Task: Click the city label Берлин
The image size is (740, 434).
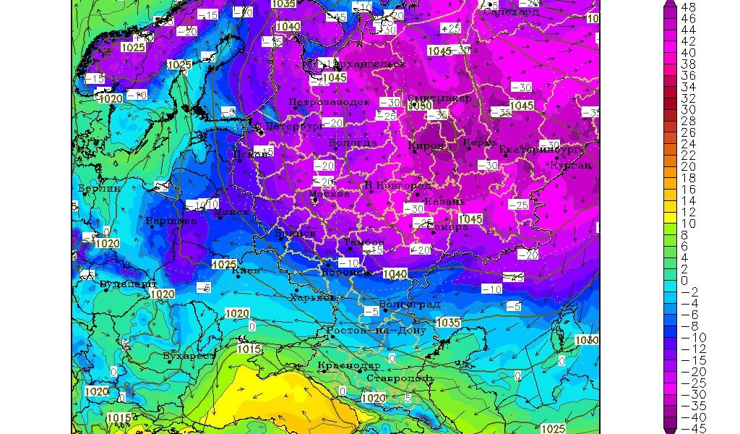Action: click(100, 188)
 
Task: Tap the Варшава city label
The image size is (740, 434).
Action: click(171, 221)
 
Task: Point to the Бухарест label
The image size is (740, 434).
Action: click(189, 356)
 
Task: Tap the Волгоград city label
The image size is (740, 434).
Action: click(409, 304)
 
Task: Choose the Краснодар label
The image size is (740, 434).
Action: click(348, 365)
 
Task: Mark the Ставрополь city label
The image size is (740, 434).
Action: click(400, 378)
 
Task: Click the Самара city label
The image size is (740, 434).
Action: click(448, 226)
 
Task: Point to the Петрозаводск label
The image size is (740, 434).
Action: click(329, 103)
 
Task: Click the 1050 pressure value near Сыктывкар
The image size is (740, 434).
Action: click(420, 106)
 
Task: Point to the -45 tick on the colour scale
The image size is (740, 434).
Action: click(689, 428)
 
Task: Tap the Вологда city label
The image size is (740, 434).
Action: click(353, 143)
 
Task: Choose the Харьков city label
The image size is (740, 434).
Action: click(312, 297)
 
